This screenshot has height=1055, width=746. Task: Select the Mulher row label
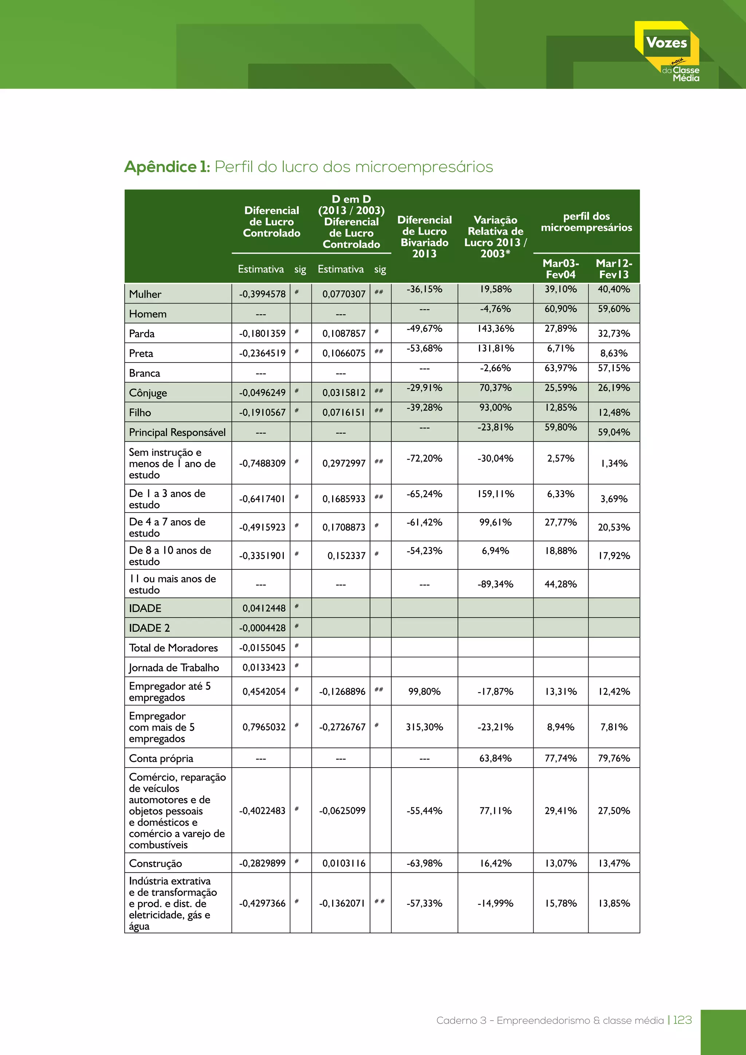click(145, 294)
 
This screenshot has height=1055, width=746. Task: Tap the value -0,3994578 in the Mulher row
click(262, 294)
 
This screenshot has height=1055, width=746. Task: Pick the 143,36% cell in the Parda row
click(495, 329)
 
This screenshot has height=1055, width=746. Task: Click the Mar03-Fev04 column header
click(561, 269)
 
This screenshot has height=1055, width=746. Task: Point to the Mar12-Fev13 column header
click(614, 269)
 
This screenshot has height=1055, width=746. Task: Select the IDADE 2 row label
click(149, 628)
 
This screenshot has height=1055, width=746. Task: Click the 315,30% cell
click(424, 727)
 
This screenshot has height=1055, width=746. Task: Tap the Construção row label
click(155, 863)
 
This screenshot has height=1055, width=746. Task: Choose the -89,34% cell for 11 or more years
click(495, 584)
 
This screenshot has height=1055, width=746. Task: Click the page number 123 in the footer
click(682, 1020)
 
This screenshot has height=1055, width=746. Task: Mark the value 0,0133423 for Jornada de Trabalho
click(264, 667)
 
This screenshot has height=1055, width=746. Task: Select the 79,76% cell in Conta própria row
click(614, 758)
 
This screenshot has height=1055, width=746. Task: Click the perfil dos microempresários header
click(586, 222)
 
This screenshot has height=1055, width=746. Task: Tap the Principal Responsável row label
click(177, 432)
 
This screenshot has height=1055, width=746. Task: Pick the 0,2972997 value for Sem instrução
click(343, 463)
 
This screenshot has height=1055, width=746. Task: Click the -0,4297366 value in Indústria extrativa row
click(262, 903)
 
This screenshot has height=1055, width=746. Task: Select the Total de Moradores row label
click(173, 648)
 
